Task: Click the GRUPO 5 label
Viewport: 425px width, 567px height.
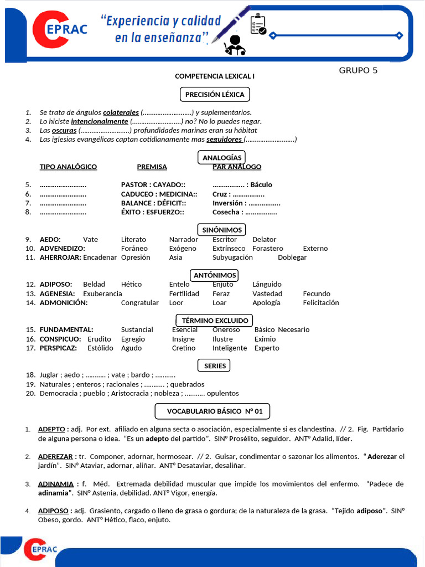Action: pyautogui.click(x=358, y=70)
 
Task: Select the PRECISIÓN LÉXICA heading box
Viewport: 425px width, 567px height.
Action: pyautogui.click(x=214, y=95)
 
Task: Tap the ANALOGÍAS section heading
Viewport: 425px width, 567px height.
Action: pyautogui.click(x=222, y=158)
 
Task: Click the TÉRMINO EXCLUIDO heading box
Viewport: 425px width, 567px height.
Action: pyautogui.click(x=214, y=321)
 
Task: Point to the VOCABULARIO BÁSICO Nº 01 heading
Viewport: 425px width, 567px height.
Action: pyautogui.click(x=211, y=411)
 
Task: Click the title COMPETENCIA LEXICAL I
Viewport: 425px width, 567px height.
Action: pyautogui.click(x=215, y=76)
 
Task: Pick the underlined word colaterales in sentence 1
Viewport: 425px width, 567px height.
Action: pyautogui.click(x=121, y=112)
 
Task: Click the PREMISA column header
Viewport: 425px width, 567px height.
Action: pyautogui.click(x=152, y=167)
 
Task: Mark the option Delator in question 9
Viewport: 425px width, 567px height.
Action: pyautogui.click(x=264, y=239)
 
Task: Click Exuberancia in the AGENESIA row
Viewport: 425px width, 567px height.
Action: pyautogui.click(x=102, y=293)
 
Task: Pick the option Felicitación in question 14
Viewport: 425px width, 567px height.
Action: pyautogui.click(x=321, y=303)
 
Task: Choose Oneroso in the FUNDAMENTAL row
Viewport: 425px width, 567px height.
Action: pyautogui.click(x=226, y=329)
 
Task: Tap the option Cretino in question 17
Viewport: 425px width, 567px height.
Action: pyautogui.click(x=183, y=348)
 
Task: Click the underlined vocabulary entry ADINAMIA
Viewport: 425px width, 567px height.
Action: pyautogui.click(x=55, y=484)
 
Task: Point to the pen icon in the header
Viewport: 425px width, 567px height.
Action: pyautogui.click(x=235, y=22)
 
